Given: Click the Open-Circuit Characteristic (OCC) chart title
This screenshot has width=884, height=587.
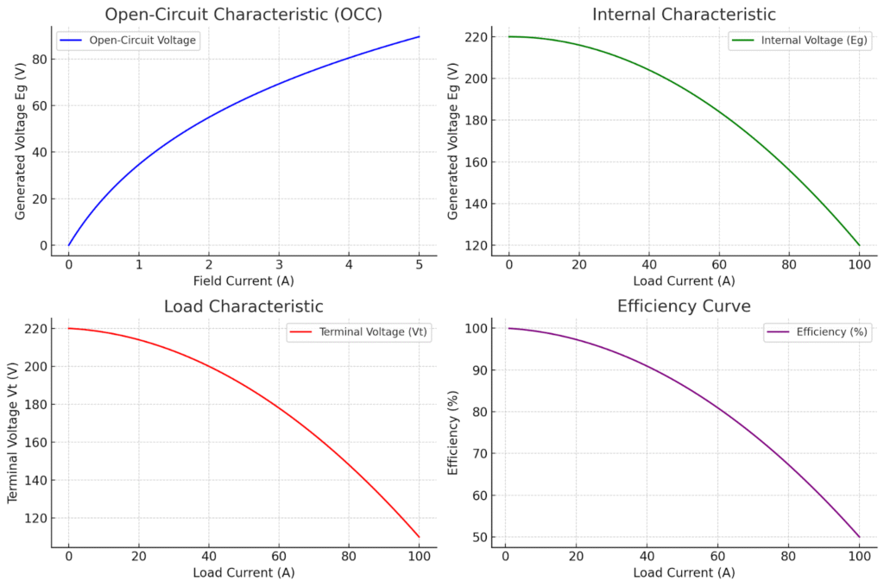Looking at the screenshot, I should point(243,15).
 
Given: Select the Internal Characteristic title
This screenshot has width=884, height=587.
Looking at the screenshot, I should point(684,15).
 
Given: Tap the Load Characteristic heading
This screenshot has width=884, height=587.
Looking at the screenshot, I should point(243,306).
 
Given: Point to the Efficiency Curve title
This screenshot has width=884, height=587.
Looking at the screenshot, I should point(684,306).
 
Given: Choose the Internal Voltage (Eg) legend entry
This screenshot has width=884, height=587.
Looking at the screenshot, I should point(800,40).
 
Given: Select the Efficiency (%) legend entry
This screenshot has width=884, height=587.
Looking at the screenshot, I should point(816,331).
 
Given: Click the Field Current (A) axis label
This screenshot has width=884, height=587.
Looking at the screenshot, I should point(243,281).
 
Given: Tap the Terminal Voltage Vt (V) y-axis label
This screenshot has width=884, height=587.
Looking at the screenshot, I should point(13,432).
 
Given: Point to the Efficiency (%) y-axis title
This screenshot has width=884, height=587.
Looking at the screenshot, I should point(453,432).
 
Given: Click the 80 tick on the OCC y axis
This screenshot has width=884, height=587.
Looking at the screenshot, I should point(40,60).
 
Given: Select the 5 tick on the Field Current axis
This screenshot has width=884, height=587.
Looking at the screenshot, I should point(419,263).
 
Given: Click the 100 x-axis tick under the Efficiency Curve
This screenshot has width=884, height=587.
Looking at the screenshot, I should point(859,555).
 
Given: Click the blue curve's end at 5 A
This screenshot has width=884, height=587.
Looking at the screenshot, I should point(419,36).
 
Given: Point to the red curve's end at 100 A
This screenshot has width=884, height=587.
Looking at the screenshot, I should point(419,537).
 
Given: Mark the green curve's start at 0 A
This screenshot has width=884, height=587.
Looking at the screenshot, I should point(509,36).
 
